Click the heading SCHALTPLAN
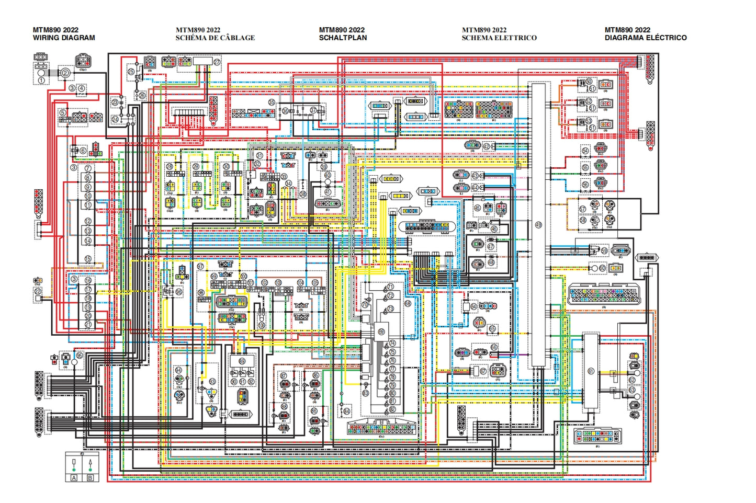[343, 38]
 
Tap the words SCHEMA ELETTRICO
[499, 38]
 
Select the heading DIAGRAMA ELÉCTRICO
[645, 38]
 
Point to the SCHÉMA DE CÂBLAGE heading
[215, 38]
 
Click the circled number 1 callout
[41, 81]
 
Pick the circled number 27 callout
[217, 62]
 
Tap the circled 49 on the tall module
[538, 225]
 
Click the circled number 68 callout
[408, 303]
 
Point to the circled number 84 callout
[346, 411]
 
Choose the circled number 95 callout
[79, 355]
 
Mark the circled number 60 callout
[602, 268]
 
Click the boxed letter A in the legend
[74, 478]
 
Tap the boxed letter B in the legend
[90, 478]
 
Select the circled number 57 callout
[583, 209]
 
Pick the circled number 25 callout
[131, 72]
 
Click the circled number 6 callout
[83, 151]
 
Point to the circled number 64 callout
[473, 306]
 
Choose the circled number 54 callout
[585, 151]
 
